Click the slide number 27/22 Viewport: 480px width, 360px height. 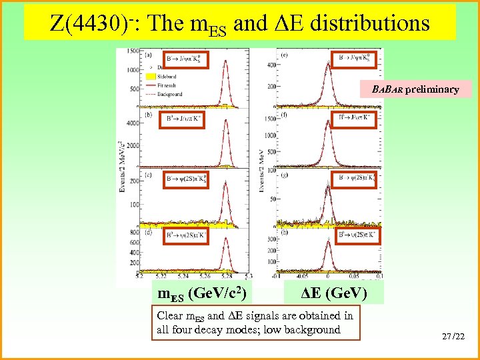tap(452, 338)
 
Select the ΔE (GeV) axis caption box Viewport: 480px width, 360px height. tap(331, 293)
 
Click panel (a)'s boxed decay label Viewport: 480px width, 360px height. tap(185, 60)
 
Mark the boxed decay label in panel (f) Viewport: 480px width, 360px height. tap(357, 119)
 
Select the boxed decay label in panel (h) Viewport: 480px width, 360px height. tap(357, 235)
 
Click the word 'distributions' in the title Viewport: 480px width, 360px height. tap(373, 23)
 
